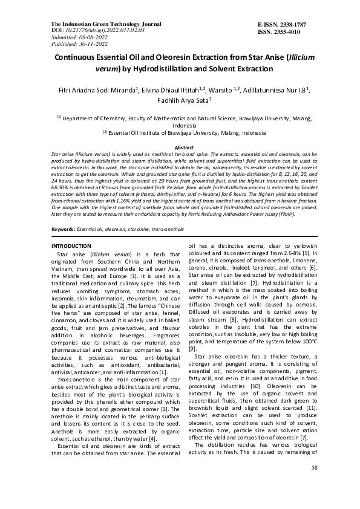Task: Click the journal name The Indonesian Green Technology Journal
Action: [x=96, y=22]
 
